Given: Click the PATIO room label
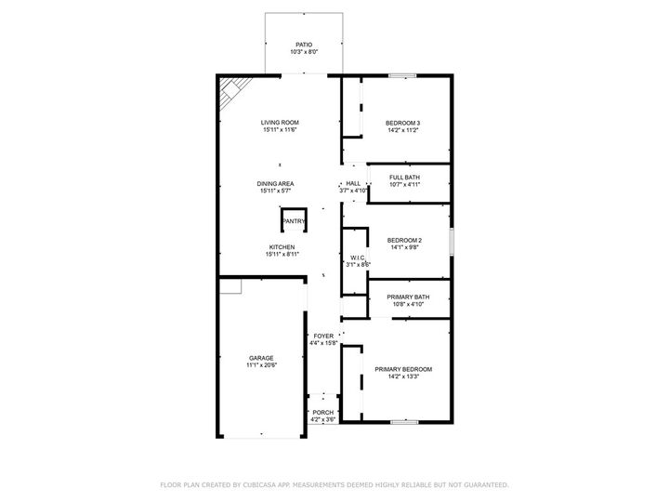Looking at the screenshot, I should (x=304, y=44).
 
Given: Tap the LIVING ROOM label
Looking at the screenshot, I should (x=279, y=123).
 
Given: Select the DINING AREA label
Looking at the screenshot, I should (x=276, y=183).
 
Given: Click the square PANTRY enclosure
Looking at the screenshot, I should (x=294, y=220).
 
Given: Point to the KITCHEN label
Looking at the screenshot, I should (x=282, y=246).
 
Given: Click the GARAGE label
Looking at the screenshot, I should (x=261, y=358).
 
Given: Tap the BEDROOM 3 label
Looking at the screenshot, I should (x=403, y=123).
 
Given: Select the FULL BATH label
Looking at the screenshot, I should (x=404, y=177).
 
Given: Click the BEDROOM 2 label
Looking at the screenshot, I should (x=404, y=239).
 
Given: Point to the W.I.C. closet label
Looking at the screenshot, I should (x=357, y=258).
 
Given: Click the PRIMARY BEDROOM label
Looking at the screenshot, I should (x=403, y=369).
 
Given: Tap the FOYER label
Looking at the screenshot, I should (x=323, y=336).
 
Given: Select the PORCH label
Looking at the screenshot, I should (x=322, y=413).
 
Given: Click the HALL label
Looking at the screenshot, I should (x=353, y=183).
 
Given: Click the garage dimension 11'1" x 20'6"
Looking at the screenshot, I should (x=262, y=365).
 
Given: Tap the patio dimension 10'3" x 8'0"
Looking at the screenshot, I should (x=304, y=52).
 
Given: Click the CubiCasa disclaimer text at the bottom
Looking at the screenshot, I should (x=334, y=484).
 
